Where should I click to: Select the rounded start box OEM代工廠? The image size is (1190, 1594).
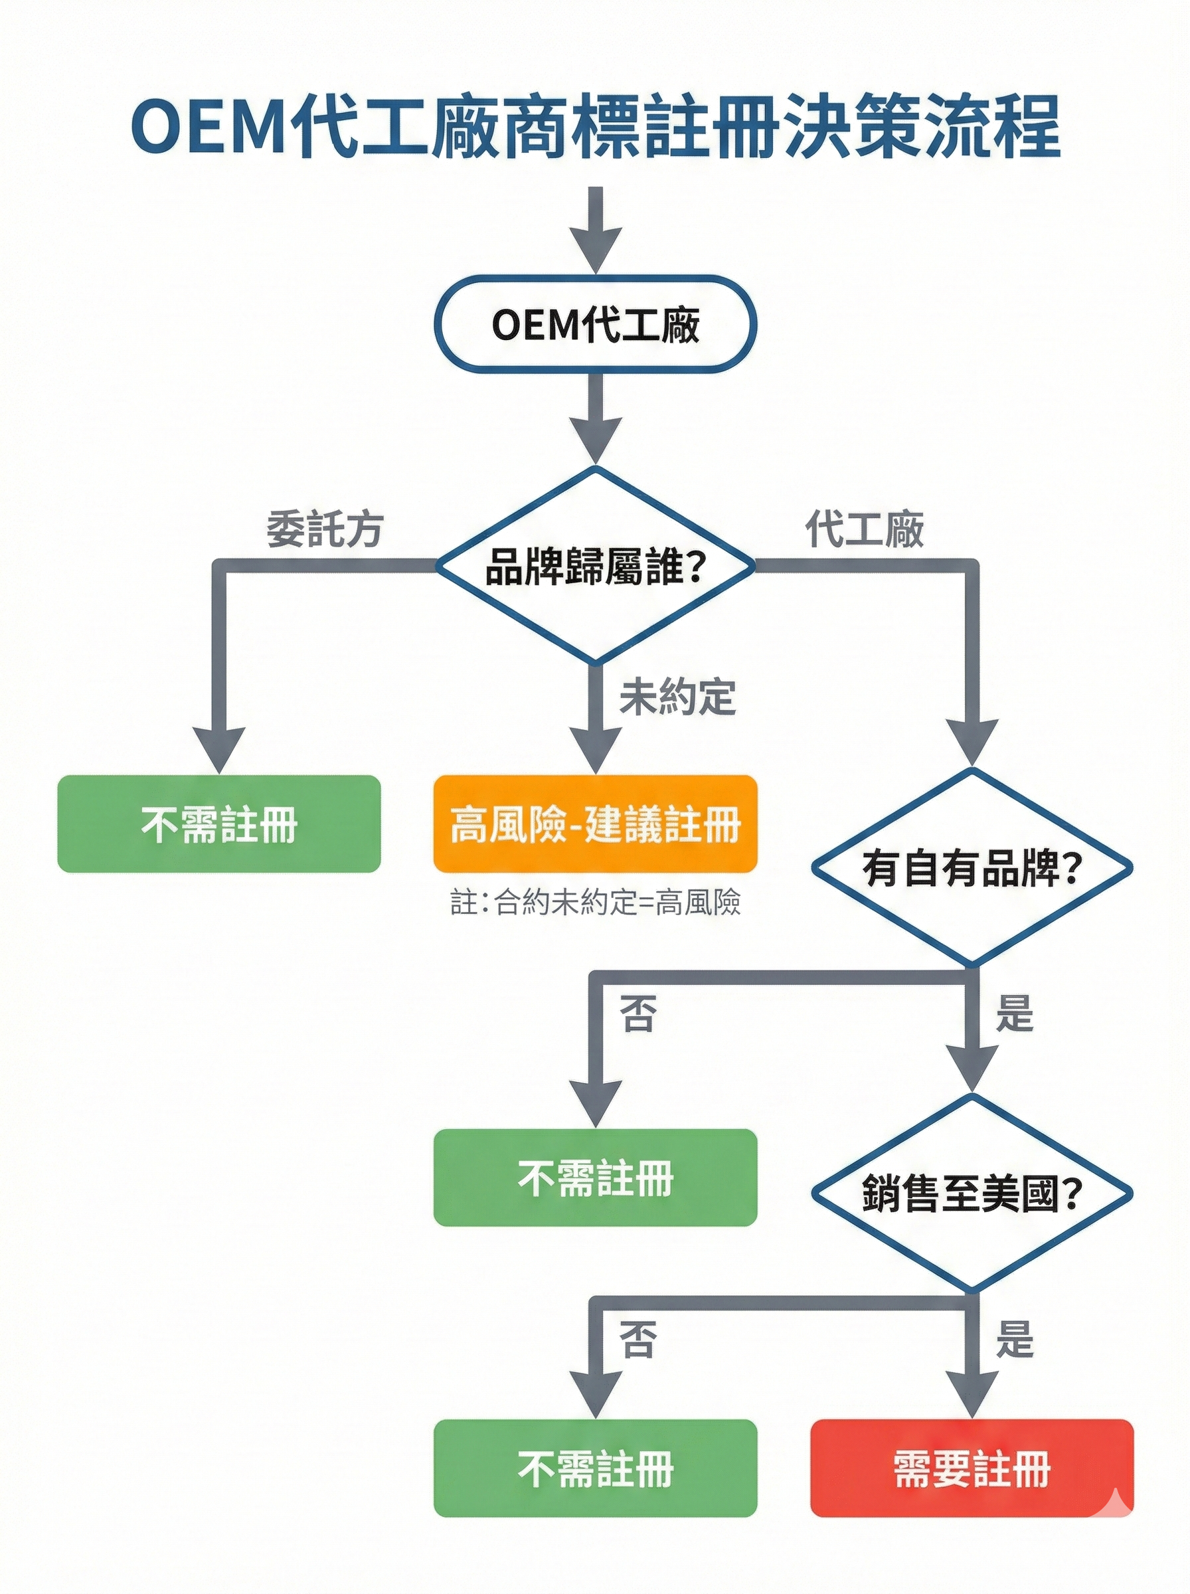(595, 324)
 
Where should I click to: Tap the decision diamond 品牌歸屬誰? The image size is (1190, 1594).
(595, 565)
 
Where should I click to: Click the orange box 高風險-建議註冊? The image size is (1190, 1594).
(595, 824)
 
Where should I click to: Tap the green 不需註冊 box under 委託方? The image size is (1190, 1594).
(219, 824)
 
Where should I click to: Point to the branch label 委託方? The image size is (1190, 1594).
(325, 530)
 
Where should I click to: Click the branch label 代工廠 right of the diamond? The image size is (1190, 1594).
(865, 530)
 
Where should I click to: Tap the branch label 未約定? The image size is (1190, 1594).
(677, 697)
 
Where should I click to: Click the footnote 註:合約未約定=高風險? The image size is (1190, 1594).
(595, 903)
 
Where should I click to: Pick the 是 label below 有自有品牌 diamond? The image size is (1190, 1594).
(1014, 1012)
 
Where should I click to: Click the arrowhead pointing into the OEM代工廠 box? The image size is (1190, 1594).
(595, 252)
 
